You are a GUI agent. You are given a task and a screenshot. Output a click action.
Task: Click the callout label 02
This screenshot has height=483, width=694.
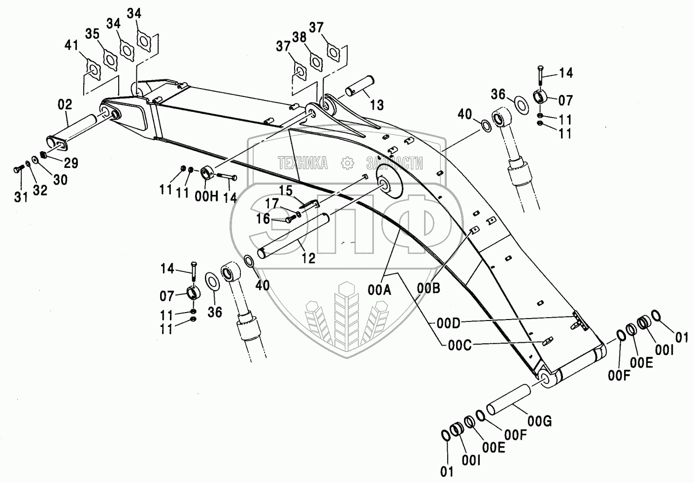click(65, 104)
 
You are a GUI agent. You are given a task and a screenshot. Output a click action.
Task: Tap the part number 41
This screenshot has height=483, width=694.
click(71, 46)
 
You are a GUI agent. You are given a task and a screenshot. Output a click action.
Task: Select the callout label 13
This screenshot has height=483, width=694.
click(377, 104)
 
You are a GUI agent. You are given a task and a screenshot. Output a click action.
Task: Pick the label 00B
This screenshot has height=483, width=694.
click(429, 289)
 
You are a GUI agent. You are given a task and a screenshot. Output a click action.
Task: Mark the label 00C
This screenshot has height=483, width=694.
click(460, 346)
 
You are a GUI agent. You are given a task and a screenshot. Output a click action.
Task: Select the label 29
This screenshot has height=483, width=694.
click(71, 163)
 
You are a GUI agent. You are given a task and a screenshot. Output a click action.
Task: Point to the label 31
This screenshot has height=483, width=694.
click(20, 197)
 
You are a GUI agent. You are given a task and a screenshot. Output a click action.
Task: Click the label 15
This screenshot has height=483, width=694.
click(286, 190)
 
